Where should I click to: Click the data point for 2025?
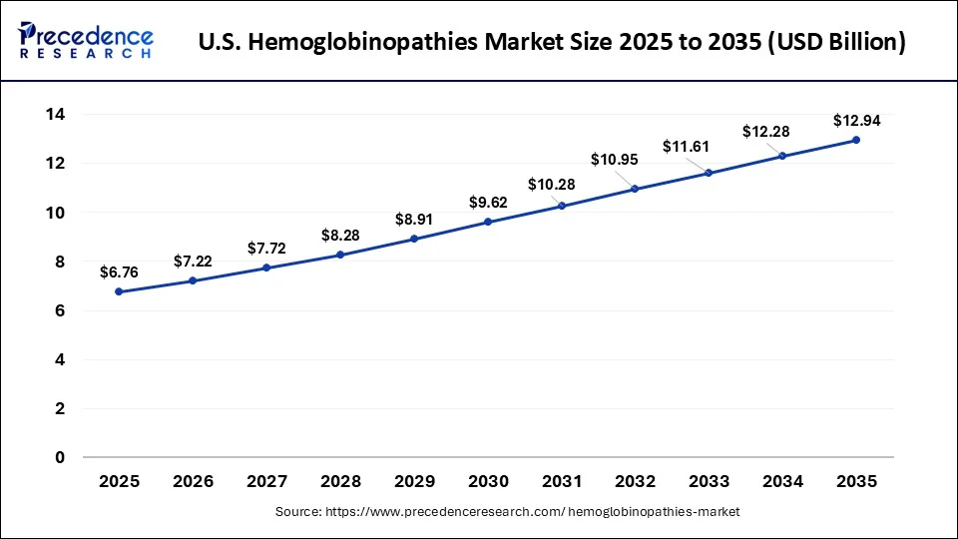coord(120,291)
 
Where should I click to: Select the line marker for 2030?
coord(488,222)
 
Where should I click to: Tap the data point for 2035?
coord(856,140)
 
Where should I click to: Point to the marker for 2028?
coord(340,255)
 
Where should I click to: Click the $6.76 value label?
coord(120,270)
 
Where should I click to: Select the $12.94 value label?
coord(856,121)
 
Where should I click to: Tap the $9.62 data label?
coord(488,203)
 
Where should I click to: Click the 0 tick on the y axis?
coord(60,457)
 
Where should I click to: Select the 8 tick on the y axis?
coord(60,262)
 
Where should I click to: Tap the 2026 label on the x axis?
coord(193,481)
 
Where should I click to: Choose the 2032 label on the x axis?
coord(635,481)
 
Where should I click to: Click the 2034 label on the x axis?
coord(782,481)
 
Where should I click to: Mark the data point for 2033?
coord(709,173)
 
